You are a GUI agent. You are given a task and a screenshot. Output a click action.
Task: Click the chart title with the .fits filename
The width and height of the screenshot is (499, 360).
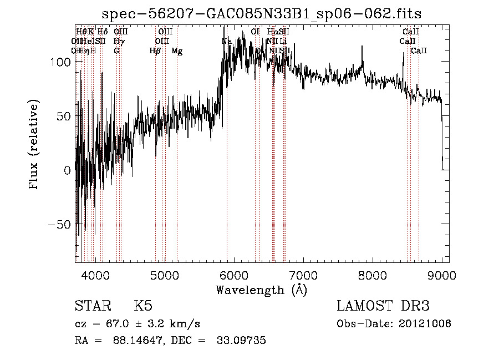tap(266, 14)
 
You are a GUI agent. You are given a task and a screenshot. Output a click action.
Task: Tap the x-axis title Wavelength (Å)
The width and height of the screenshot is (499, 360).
tap(261, 290)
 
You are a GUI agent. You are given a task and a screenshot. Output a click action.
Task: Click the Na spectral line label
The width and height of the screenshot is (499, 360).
tap(227, 42)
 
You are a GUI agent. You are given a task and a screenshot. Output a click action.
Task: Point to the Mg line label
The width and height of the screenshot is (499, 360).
tap(177, 51)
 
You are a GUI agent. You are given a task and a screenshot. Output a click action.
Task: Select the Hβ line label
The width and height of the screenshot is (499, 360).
tap(155, 51)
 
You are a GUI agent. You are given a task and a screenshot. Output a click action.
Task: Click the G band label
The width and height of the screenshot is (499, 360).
tap(116, 51)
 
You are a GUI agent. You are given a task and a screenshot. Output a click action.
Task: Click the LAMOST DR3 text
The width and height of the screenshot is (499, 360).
tap(383, 306)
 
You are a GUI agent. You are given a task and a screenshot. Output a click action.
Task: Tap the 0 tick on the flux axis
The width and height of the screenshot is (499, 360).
tap(67, 171)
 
